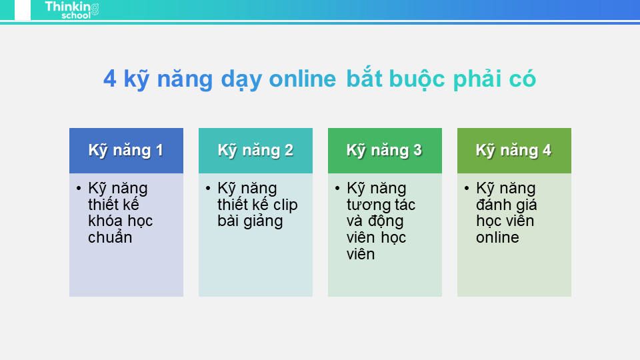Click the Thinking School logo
pos(72,9)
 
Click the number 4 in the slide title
pos(109,79)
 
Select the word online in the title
pos(302,79)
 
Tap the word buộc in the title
pos(417,79)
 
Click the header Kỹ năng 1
pos(126,150)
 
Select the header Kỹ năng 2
pos(255,150)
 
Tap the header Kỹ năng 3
pos(384,150)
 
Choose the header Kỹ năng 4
pos(513,150)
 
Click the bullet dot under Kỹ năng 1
pos(79,189)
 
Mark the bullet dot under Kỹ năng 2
pos(209,189)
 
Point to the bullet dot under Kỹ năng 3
pos(338,189)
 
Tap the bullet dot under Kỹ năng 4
pos(467,189)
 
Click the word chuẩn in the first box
pos(110,238)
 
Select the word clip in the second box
pos(283,205)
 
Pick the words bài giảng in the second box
pos(250,221)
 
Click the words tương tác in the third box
pos(381,205)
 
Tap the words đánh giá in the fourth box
pos(506,205)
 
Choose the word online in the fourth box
pos(497,237)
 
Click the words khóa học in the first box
pos(120,221)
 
